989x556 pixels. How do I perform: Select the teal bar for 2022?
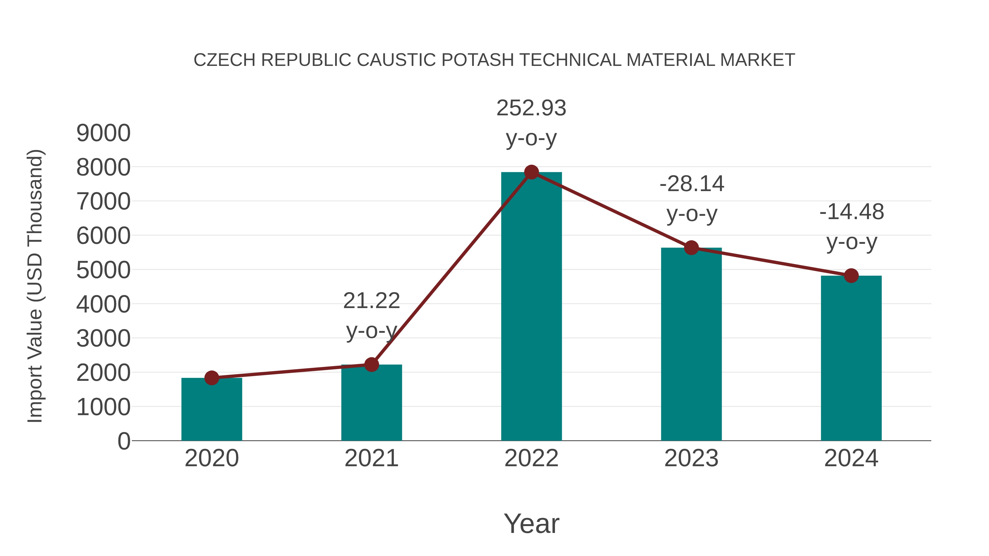[x=531, y=307]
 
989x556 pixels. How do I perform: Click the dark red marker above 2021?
[x=371, y=365]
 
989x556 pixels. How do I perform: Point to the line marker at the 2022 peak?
[x=531, y=172]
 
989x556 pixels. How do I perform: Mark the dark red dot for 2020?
[x=212, y=378]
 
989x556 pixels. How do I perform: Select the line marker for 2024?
[x=851, y=275]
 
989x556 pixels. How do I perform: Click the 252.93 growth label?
[x=531, y=108]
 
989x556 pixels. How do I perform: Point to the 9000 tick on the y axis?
[x=103, y=133]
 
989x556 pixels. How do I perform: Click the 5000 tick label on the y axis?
[x=103, y=270]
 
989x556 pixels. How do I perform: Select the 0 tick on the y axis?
[x=124, y=441]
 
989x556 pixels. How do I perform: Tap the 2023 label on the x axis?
[x=691, y=458]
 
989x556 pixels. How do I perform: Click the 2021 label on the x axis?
[x=371, y=458]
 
